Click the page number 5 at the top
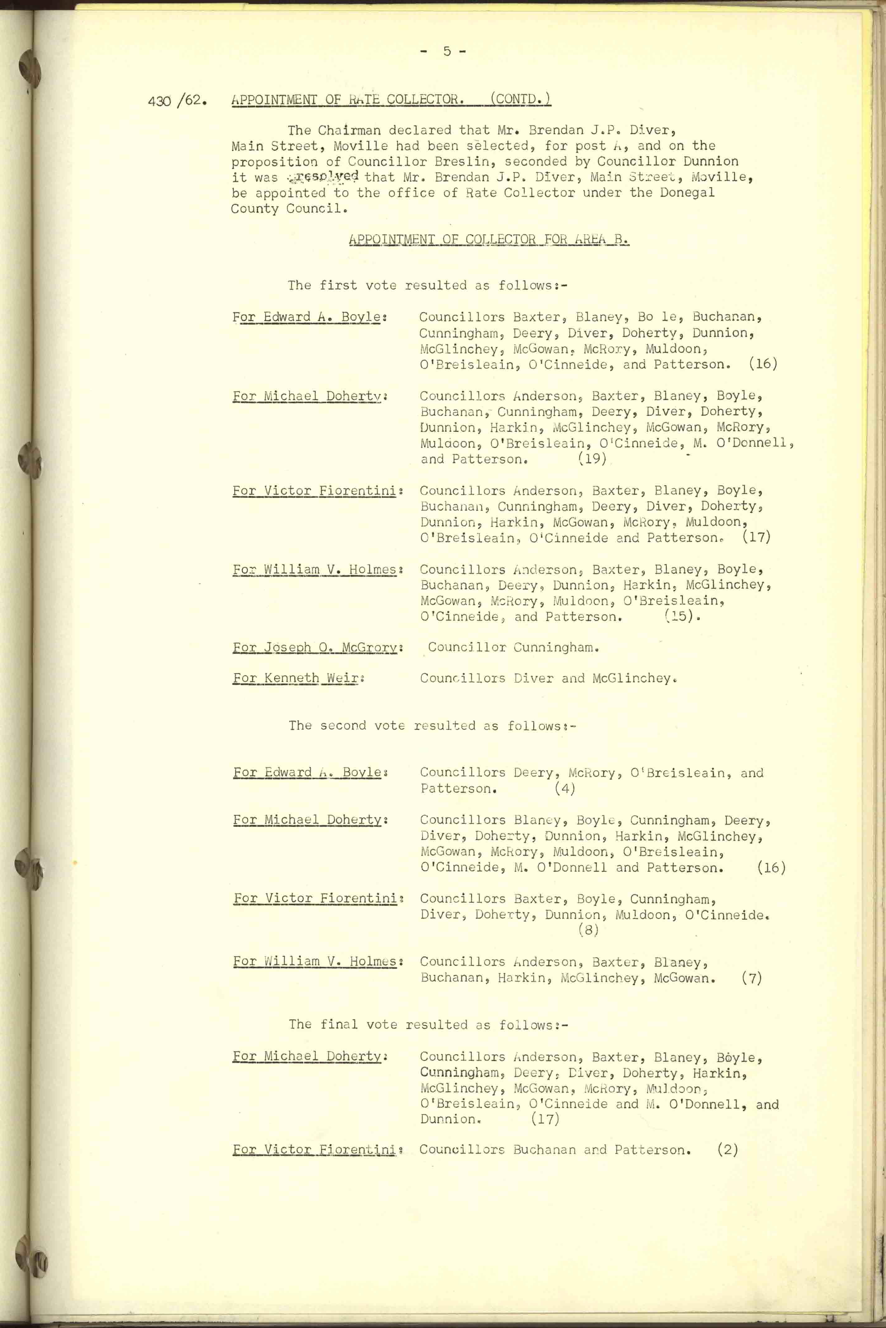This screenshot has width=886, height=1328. coord(446,51)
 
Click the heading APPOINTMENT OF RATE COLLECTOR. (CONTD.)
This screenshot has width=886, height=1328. coord(391,99)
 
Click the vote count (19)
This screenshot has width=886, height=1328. coord(591,459)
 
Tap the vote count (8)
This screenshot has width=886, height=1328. coord(588,930)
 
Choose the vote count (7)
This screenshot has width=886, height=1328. coord(752,978)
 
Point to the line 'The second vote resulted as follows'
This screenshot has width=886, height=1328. coord(432,725)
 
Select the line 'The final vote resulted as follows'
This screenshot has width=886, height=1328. coord(428,1024)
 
